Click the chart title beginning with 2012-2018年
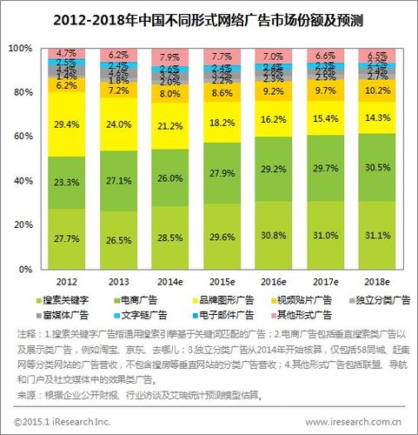pyautogui.click(x=209, y=16)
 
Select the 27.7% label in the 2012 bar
pyautogui.click(x=67, y=237)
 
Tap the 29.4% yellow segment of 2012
pyautogui.click(x=67, y=124)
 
